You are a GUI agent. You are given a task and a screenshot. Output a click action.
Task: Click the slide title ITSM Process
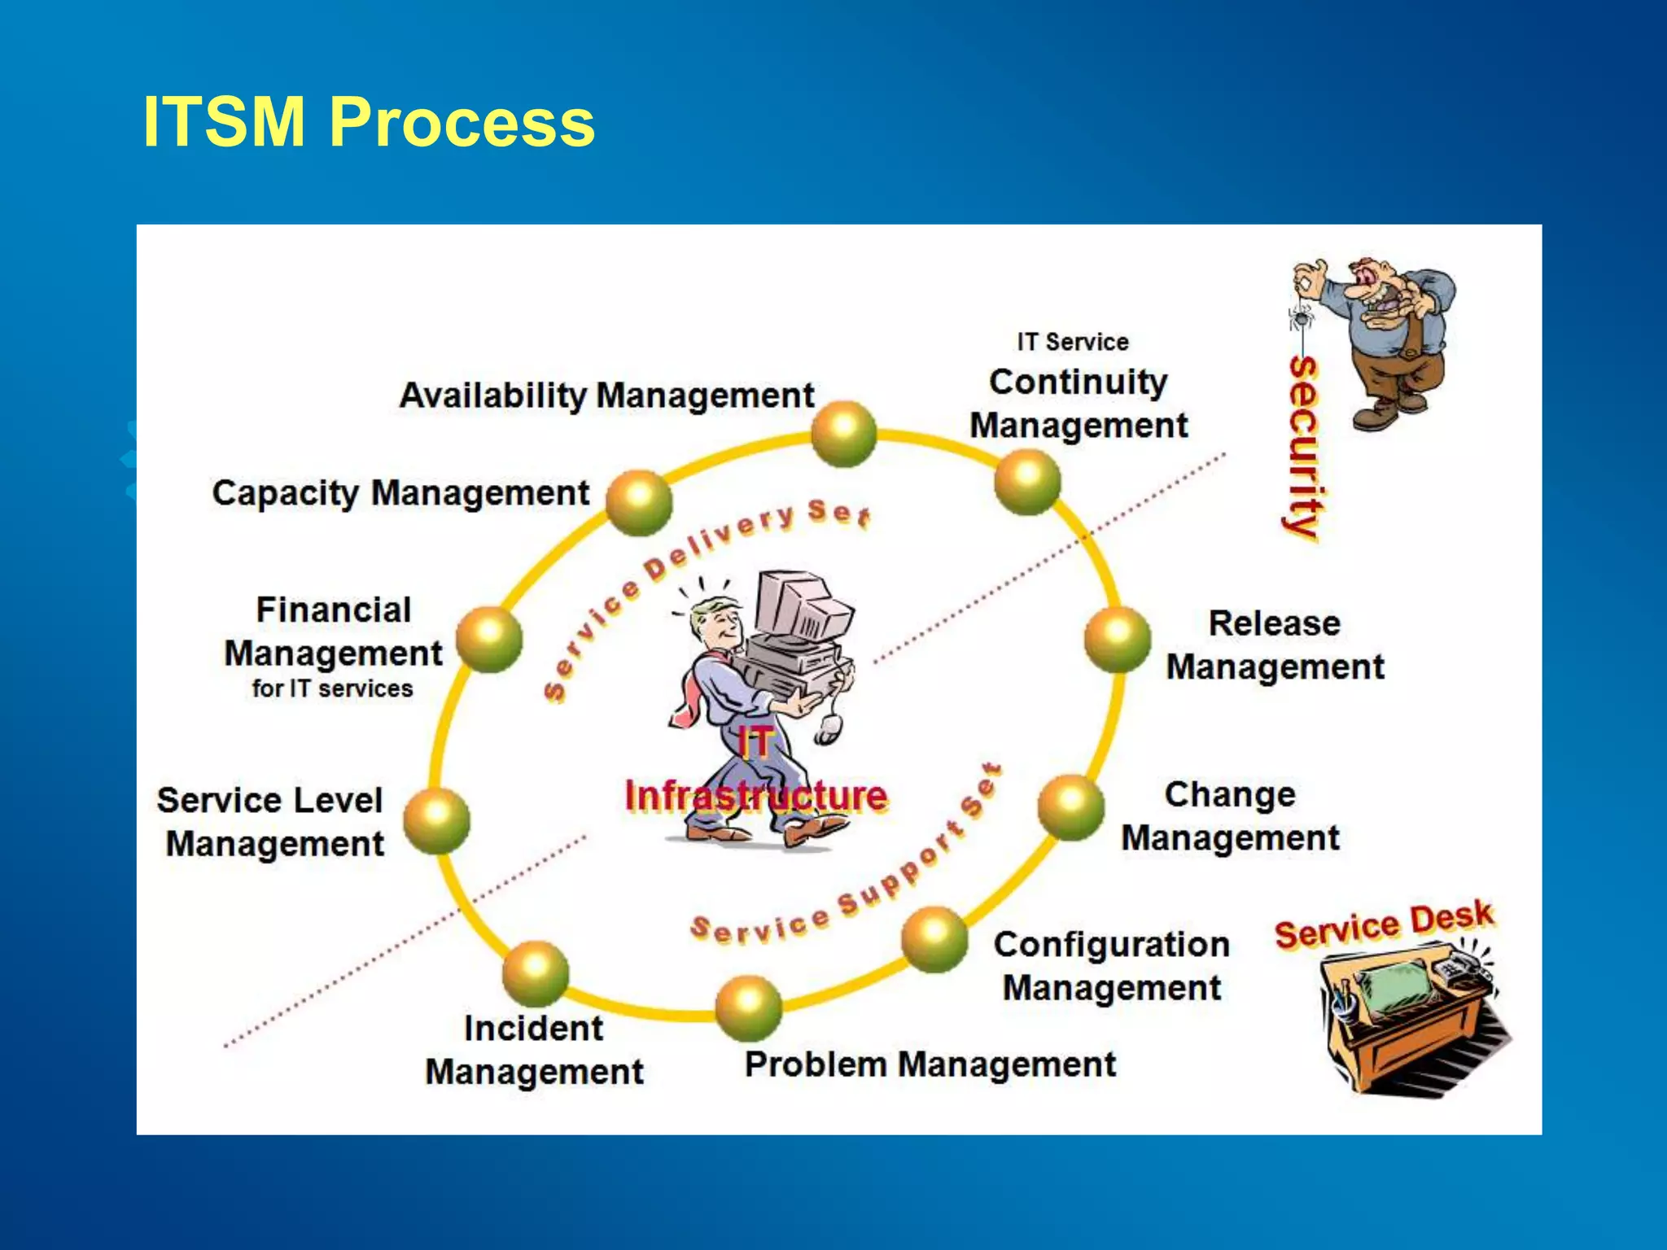pos(369,122)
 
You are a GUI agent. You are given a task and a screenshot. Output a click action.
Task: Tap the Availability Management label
pos(606,396)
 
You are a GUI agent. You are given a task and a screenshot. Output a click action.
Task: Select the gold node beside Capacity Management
pos(639,502)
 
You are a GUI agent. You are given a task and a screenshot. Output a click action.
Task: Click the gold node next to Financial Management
pos(488,639)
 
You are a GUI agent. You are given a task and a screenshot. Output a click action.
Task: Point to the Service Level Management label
pos(272,822)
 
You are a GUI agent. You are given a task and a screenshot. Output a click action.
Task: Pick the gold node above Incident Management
pos(535,972)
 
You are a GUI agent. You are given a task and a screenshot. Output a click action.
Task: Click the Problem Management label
pos(930,1064)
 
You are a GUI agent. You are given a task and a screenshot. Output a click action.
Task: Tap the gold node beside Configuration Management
pos(934,939)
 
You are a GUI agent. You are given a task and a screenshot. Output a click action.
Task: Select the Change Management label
pos(1230,816)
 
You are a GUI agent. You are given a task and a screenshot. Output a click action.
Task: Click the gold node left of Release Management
pos(1118,639)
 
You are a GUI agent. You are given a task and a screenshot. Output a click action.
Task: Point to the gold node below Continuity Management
pos(1027,482)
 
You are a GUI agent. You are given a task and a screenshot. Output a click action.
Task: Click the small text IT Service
pos(1073,342)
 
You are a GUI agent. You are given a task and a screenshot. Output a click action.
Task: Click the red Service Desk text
pos(1384,924)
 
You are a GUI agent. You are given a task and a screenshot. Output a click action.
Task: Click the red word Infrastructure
pos(755,796)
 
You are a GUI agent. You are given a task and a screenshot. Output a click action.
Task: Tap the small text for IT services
pos(332,688)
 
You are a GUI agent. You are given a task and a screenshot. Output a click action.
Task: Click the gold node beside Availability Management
pos(844,433)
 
